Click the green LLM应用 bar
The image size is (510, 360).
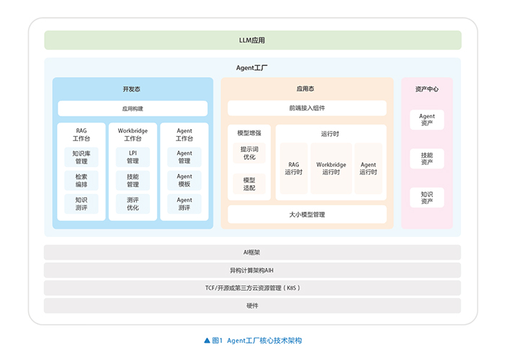(253, 40)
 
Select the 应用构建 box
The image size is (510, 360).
(133, 108)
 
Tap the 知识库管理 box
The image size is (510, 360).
(81, 157)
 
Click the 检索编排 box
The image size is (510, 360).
(81, 181)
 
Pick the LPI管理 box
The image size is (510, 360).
(133, 157)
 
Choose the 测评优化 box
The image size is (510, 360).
(133, 204)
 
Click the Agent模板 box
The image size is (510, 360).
(184, 181)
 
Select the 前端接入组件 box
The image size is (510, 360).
(307, 108)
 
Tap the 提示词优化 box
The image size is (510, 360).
(249, 153)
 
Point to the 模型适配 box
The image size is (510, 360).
(249, 184)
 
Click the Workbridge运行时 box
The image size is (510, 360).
(331, 168)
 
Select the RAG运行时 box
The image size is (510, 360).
(294, 168)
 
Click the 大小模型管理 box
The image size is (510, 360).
(307, 215)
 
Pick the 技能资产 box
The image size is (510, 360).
(426, 158)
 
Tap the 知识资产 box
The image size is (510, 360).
(426, 198)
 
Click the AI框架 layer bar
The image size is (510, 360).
(252, 252)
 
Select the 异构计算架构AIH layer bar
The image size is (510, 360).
(252, 270)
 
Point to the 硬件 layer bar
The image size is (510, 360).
(252, 306)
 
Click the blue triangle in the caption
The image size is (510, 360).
(207, 341)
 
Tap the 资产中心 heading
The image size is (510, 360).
(426, 89)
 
